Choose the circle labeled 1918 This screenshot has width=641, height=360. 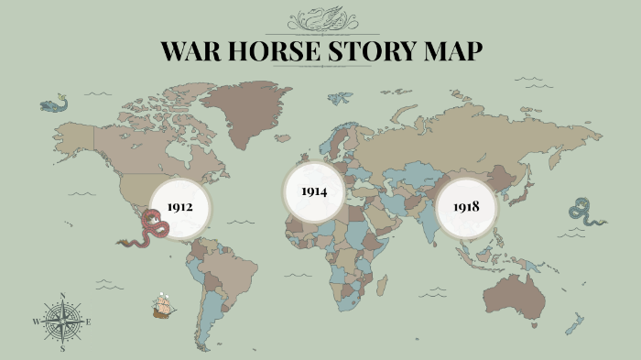point(465,206)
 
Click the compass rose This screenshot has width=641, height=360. point(62,322)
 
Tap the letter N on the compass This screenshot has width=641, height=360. point(62,295)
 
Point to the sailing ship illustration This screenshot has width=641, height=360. point(163,304)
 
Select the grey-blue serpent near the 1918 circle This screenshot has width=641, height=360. point(584,213)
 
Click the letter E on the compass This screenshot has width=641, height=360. point(89,322)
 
